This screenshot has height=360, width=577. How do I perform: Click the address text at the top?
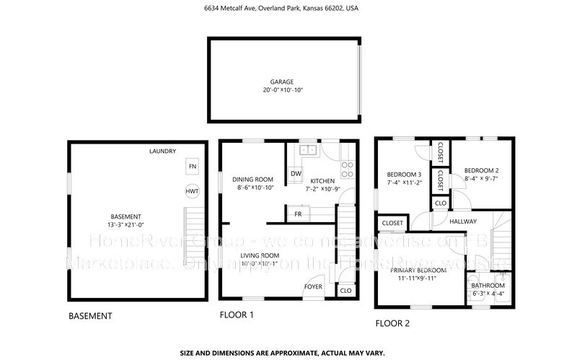click(x=288, y=9)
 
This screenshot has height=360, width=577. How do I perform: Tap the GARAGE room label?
click(x=282, y=82)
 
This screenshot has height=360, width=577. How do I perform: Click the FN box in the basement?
click(x=192, y=167)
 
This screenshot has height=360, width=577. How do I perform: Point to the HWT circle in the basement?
click(x=192, y=192)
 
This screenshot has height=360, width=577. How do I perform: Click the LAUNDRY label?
click(x=163, y=152)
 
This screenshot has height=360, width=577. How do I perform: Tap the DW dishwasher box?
click(x=296, y=174)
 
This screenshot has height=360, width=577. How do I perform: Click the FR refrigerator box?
click(x=297, y=214)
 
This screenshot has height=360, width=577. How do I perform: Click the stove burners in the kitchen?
click(x=347, y=169)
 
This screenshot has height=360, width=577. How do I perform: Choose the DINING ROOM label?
click(x=252, y=179)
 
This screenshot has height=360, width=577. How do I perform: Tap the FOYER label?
click(x=313, y=286)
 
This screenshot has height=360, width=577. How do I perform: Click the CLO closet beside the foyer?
click(x=345, y=290)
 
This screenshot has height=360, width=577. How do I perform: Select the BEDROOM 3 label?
click(x=403, y=175)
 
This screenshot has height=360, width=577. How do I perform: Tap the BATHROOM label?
click(x=488, y=285)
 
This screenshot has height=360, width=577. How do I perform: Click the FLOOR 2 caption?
click(x=392, y=324)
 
